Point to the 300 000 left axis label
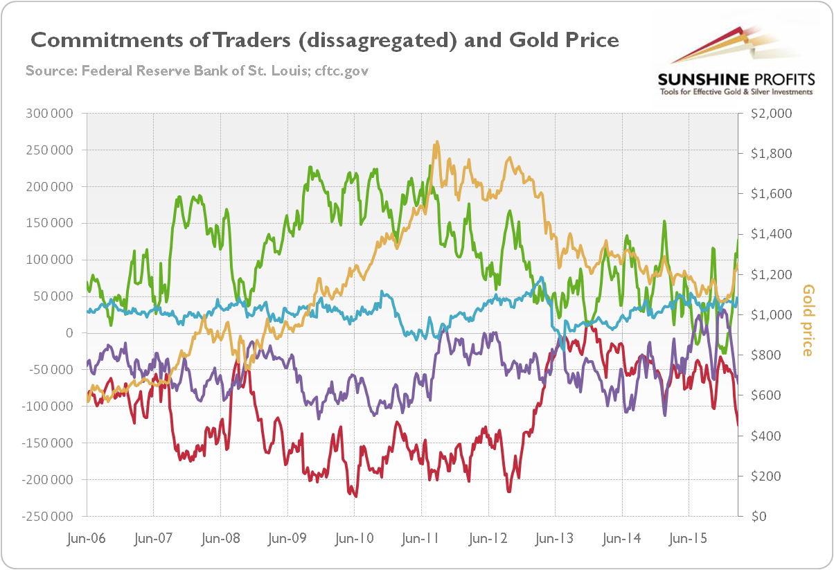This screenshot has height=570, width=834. coord(51,114)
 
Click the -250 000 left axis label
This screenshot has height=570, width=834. coord(48,517)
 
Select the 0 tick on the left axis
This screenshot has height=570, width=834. coord(68,333)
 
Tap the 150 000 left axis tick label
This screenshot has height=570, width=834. coord(51,224)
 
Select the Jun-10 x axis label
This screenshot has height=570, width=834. coord(354,538)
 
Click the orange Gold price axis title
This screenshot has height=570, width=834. coord(808,321)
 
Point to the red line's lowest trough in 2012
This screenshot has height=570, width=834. coord(508,491)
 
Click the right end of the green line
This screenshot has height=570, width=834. coord(738,240)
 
